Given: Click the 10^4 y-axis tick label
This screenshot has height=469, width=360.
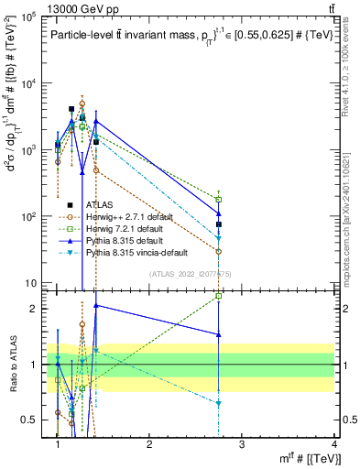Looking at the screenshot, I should point(30,83).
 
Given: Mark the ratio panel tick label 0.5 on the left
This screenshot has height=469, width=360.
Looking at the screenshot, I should point(32,420).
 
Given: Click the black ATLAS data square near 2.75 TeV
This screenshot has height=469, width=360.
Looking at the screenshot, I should point(219,224).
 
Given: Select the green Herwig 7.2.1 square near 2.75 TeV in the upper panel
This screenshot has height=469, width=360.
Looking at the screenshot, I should point(219,200).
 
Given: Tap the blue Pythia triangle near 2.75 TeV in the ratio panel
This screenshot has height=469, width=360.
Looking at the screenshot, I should point(219,334).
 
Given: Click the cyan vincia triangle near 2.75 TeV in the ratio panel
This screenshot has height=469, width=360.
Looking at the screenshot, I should point(219,403).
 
